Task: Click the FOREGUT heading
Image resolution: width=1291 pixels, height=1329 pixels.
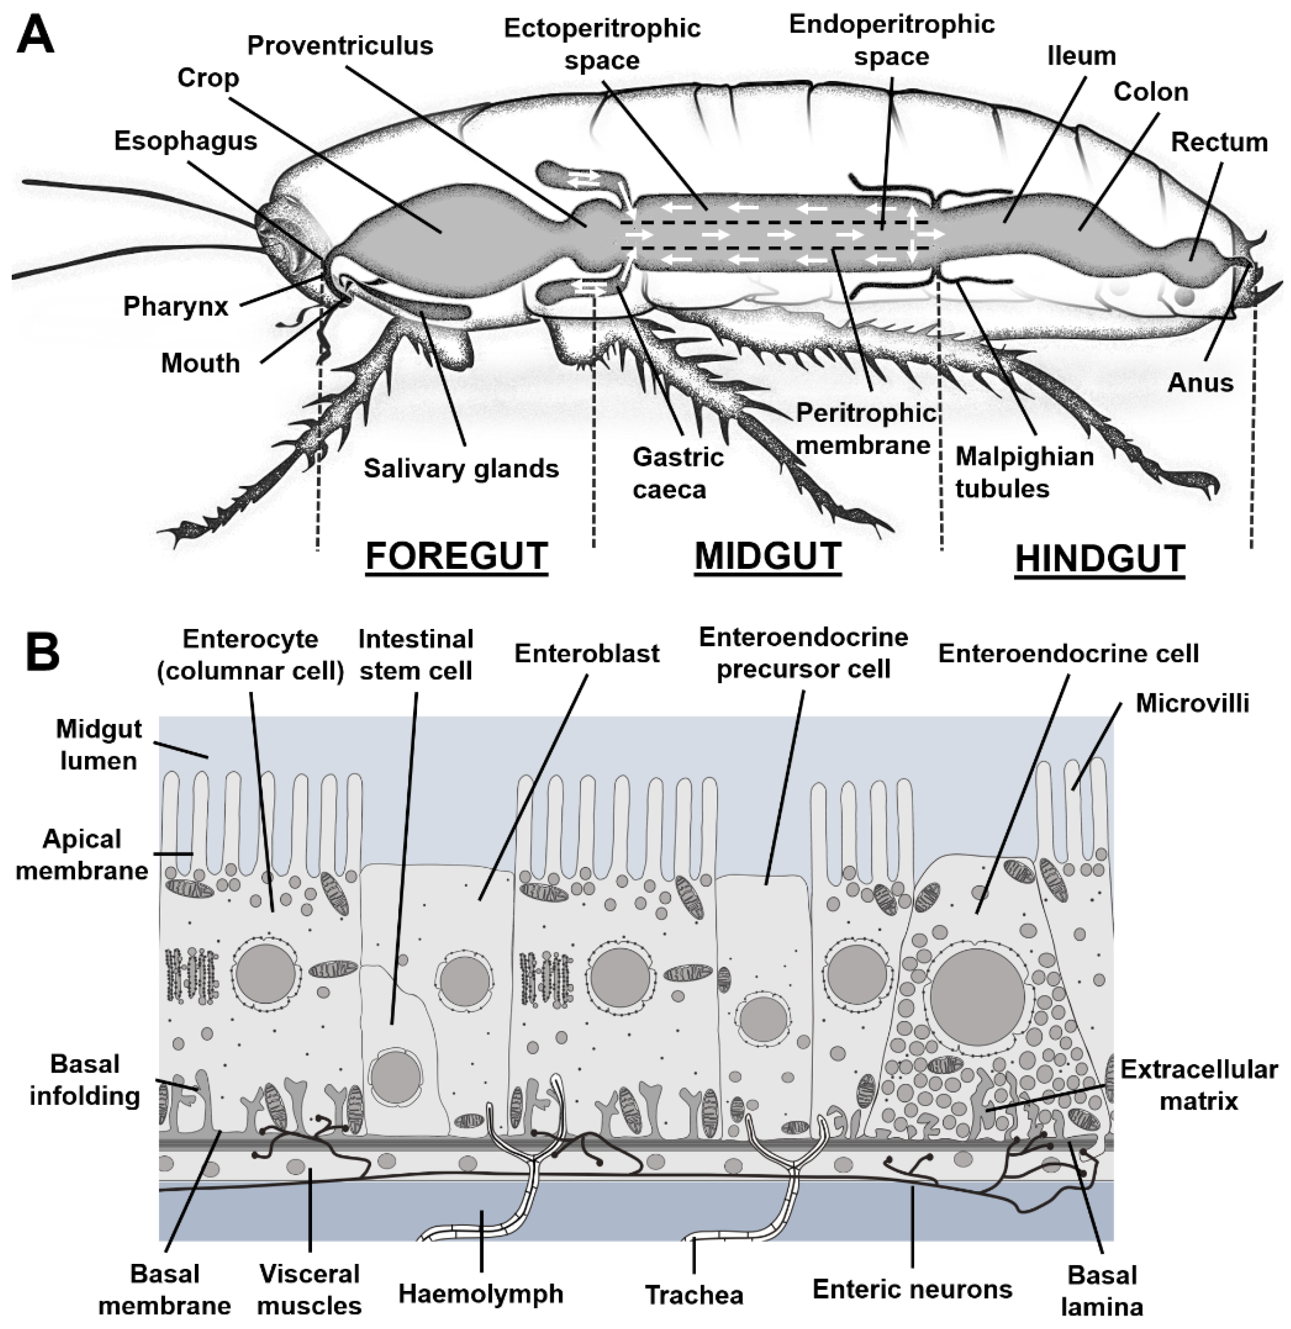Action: [456, 558]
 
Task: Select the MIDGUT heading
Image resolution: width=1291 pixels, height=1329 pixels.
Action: [767, 558]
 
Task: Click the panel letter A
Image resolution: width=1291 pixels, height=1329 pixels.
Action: [35, 35]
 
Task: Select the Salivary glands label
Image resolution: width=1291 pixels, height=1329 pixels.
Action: [461, 468]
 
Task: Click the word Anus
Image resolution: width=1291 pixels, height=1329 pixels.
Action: [1200, 383]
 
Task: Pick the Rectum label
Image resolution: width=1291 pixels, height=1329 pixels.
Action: [1219, 142]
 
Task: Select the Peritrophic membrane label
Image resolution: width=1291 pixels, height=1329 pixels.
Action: [865, 429]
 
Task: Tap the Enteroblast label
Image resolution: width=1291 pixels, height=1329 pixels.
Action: [586, 654]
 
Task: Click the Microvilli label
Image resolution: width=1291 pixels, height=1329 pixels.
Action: [1192, 703]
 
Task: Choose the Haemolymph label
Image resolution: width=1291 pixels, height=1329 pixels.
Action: [481, 1294]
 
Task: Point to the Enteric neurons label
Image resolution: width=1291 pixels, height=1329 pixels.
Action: [912, 1290]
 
